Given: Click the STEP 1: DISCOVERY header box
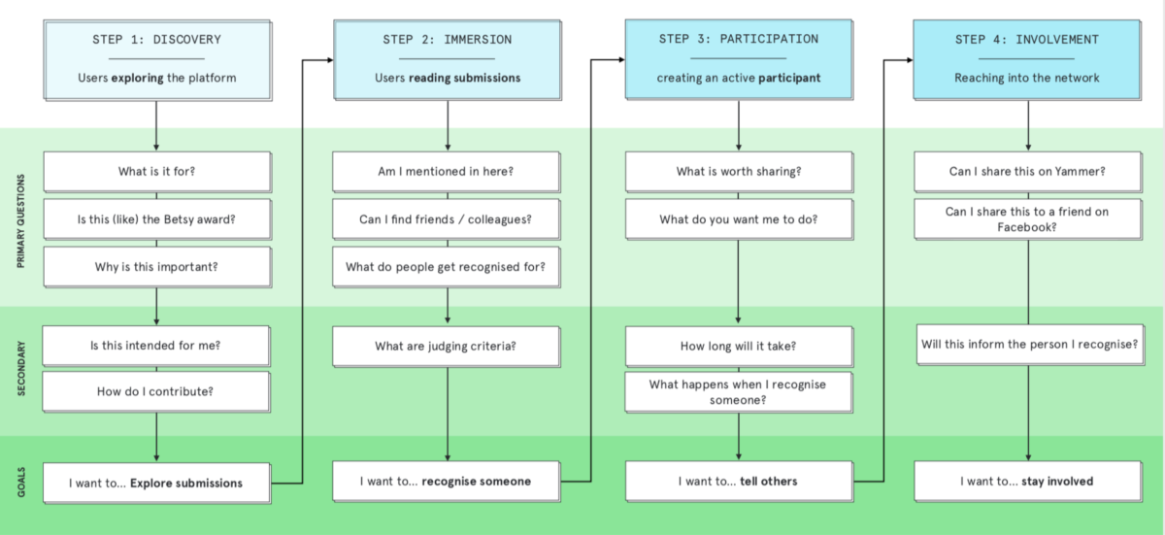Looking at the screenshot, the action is pos(157,60).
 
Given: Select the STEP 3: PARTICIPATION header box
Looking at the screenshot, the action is pos(739,60).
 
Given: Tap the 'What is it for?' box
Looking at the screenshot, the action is pos(157,172).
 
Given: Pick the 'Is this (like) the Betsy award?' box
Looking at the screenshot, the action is pos(157,219).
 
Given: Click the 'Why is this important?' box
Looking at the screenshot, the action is pos(157,267).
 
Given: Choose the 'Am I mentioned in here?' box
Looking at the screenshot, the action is pos(447,172).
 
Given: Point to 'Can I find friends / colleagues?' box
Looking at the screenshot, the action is pos(447,219).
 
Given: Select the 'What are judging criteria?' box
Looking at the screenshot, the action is pos(447,347).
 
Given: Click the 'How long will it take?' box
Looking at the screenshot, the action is pos(739,347).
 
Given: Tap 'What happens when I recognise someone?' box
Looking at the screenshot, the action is pos(739,392).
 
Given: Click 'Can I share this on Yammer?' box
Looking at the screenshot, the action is pos(1028,172).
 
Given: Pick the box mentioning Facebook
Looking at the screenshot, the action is pos(1028,219).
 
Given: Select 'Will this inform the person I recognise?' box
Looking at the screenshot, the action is pos(1030,345).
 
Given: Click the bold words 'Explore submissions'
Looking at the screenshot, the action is pos(186,483).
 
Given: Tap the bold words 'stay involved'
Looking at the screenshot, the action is pos(1057,482).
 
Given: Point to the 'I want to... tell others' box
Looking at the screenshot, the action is pos(739,482).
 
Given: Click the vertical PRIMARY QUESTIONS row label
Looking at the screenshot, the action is pos(20,221).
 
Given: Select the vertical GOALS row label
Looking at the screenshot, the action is pos(21,483).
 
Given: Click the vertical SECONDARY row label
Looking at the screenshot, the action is pos(21,369).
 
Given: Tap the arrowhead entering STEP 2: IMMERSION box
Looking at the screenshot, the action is pos(330,60).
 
